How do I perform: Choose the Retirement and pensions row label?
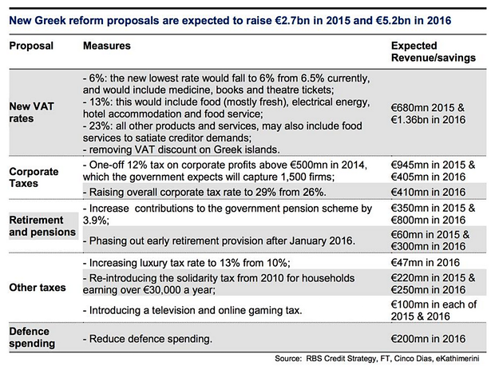click(42, 225)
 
